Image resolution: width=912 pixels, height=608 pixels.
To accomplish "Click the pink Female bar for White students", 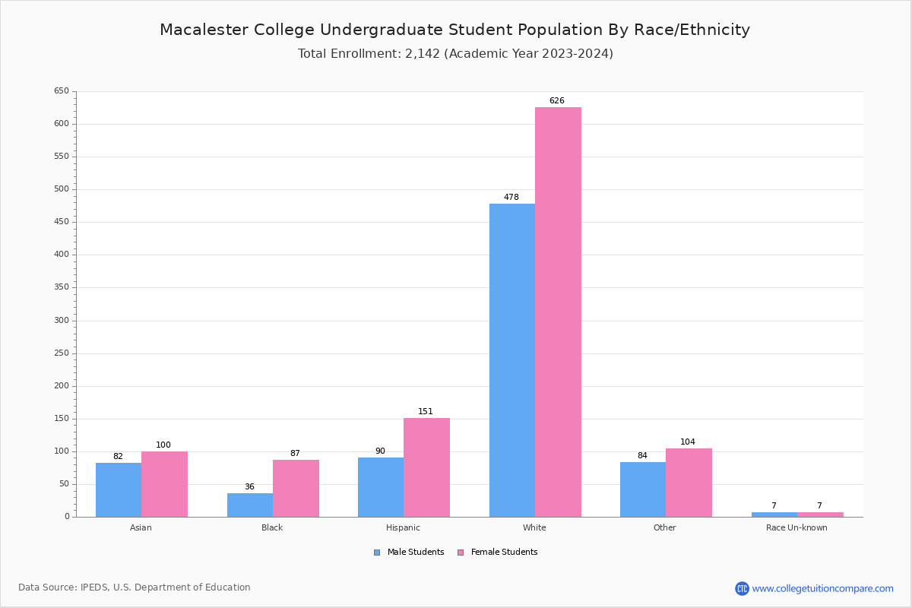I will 558,312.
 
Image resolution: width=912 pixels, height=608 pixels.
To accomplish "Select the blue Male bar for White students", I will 512,360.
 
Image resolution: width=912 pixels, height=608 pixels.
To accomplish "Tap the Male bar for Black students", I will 250,505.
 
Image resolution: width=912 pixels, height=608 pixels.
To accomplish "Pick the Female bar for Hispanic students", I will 426,467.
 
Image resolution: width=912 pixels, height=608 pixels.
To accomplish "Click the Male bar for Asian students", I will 119,489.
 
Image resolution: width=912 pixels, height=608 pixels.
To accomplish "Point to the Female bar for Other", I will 689,483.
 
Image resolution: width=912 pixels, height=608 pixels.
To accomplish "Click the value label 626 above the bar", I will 557,101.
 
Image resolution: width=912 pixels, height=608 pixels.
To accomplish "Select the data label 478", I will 511,198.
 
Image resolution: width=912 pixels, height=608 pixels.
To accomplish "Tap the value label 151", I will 426,412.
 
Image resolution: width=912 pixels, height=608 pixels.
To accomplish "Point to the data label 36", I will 249,487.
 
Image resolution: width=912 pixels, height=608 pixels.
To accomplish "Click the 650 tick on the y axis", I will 62,91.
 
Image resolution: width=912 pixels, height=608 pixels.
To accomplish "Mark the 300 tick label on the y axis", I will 62,321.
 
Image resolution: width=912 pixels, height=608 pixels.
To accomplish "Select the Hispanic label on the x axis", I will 403,527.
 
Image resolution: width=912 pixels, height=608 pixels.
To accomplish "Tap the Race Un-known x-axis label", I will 796,527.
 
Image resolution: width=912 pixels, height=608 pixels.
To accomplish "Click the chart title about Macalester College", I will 454,30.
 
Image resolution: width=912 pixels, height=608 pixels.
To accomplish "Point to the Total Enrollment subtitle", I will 455,54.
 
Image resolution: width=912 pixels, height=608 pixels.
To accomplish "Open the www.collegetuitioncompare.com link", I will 822,588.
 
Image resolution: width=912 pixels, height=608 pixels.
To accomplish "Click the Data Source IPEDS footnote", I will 135,587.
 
